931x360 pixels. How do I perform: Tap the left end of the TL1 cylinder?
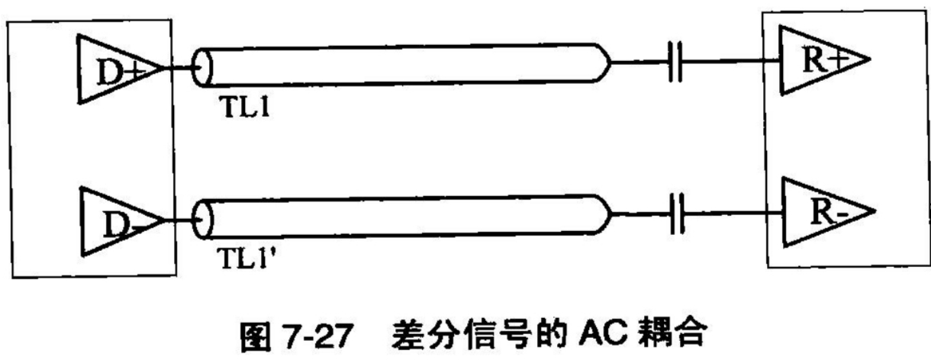(x=203, y=69)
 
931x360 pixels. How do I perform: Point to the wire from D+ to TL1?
(x=180, y=69)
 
